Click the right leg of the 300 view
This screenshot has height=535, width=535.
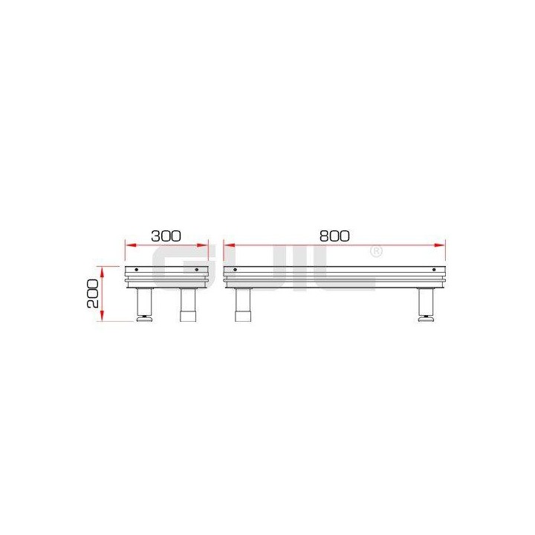188,303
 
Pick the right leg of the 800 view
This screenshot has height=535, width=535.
426,302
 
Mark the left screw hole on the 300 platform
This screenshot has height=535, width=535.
135,269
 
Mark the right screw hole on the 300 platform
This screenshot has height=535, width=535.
196,269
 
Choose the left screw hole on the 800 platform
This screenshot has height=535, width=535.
235,269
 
